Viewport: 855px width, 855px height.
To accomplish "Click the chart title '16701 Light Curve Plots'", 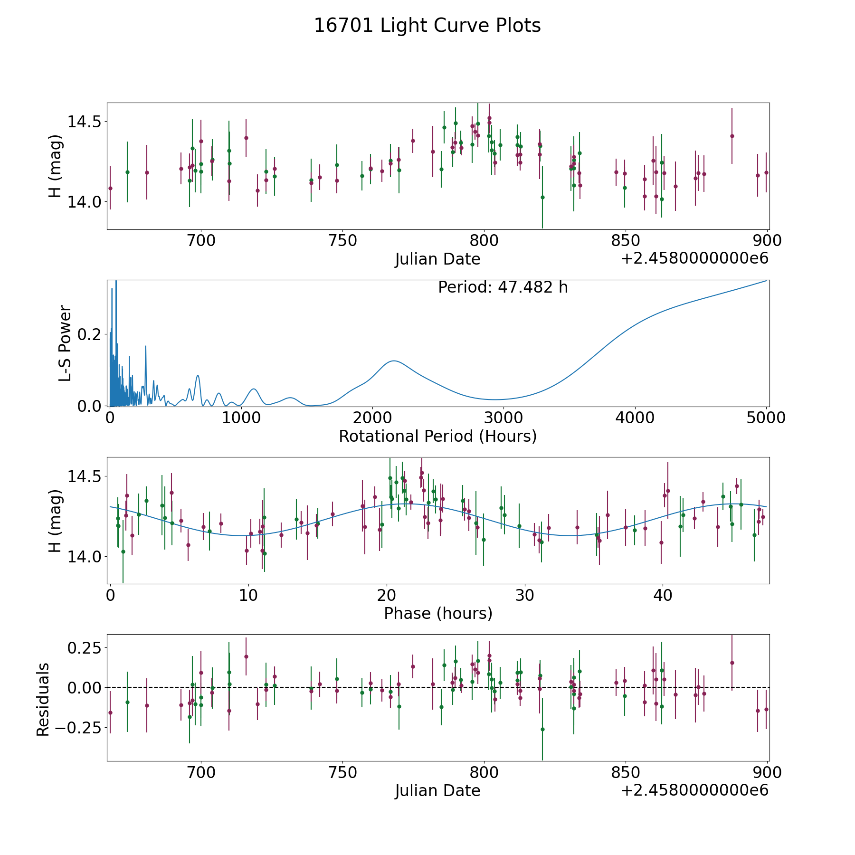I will point(427,26).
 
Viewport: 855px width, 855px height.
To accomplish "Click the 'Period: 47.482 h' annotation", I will point(503,287).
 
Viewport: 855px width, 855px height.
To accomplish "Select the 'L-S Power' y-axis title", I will point(65,343).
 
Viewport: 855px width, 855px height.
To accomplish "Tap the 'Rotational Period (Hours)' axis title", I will point(437,436).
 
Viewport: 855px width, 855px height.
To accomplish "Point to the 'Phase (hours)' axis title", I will point(437,613).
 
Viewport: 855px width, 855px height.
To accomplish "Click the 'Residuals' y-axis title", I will point(43,699).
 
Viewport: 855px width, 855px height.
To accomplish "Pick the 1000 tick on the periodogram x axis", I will point(241,418).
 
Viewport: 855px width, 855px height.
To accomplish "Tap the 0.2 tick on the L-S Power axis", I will point(89,334).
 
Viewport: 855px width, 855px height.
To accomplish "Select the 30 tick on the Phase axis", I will point(524,595).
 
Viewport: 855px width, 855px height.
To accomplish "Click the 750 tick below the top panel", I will point(342,241).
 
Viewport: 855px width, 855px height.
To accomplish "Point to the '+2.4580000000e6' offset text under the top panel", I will point(694,259).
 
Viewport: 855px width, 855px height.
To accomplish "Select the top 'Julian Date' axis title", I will point(437,259).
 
